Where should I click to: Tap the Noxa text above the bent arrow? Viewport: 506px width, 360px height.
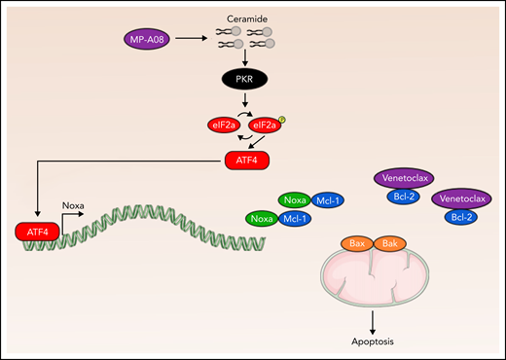pos(74,205)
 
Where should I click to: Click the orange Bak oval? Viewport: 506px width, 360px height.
pos(388,242)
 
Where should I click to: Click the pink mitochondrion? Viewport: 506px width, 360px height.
pos(374,278)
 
